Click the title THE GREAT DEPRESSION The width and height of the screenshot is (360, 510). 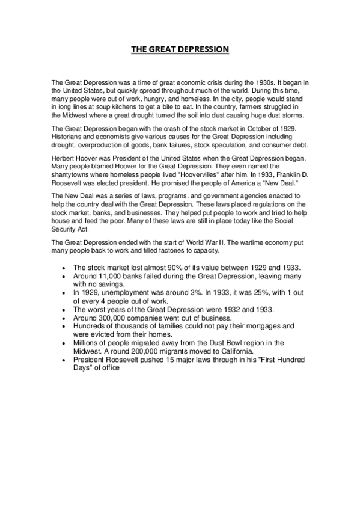point(180,49)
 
